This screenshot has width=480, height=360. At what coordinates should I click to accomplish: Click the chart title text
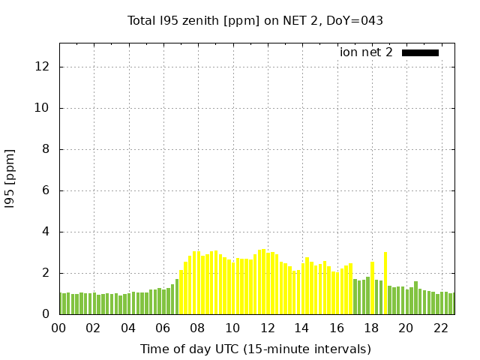(255, 20)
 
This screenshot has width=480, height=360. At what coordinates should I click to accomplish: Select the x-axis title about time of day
(255, 349)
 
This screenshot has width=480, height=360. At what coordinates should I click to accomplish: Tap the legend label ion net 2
(366, 52)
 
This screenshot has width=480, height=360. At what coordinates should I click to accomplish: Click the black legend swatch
(420, 52)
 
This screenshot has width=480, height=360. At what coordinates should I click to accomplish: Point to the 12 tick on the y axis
(43, 67)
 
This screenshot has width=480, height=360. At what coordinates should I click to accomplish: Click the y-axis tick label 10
(43, 108)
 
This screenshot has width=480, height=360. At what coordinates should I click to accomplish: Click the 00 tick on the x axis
(59, 328)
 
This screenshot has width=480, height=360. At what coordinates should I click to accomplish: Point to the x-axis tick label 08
(197, 328)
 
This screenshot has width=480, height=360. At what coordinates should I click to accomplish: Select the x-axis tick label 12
(267, 328)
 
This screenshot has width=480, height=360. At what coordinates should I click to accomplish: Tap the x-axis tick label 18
(371, 328)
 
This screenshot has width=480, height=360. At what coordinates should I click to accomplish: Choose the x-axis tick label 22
(440, 328)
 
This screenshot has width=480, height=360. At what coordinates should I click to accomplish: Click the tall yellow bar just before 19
(385, 283)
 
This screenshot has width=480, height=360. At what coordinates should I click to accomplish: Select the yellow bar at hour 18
(372, 289)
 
